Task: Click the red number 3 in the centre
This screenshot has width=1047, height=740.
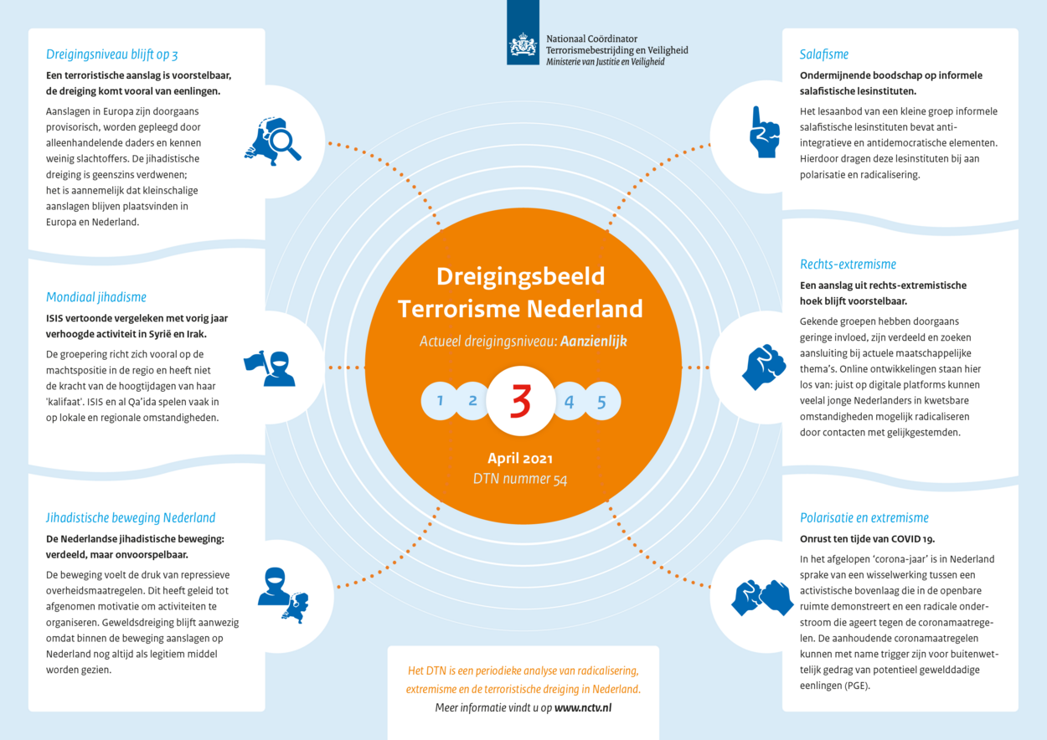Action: tap(521, 401)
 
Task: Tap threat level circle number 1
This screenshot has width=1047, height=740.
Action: tap(439, 401)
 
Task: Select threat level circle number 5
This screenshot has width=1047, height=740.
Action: tap(602, 401)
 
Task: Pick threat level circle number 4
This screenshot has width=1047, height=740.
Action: tap(570, 401)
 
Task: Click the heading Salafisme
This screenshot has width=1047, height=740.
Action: tap(823, 54)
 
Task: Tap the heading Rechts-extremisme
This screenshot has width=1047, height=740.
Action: tap(848, 264)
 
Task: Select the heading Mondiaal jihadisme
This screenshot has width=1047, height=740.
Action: tap(95, 297)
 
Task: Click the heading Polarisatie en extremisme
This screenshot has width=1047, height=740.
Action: tap(864, 517)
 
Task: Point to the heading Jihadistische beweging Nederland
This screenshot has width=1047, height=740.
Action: tap(131, 517)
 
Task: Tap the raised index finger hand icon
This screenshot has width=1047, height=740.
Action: tap(764, 132)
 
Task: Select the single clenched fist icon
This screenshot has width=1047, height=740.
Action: tap(763, 367)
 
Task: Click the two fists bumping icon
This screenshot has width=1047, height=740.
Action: tap(762, 598)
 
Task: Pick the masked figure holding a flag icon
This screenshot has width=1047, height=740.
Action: tap(270, 368)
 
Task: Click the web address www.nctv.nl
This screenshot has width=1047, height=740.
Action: tap(583, 707)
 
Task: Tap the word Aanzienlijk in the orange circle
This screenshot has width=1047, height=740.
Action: tap(594, 342)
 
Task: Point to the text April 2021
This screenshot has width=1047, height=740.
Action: tap(520, 458)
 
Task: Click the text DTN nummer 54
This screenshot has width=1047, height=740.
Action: tap(520, 479)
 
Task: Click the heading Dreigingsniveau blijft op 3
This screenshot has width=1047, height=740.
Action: tap(111, 54)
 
